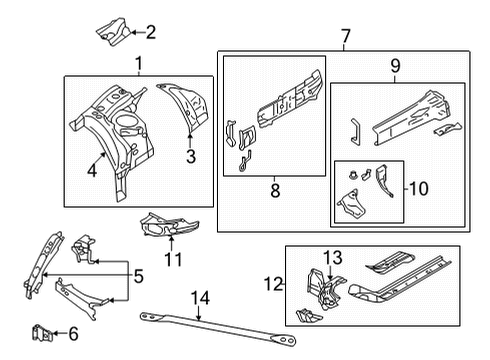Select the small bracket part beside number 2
tap(110, 29)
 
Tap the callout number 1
tap(138, 65)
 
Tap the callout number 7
tap(345, 39)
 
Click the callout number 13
tap(331, 259)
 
